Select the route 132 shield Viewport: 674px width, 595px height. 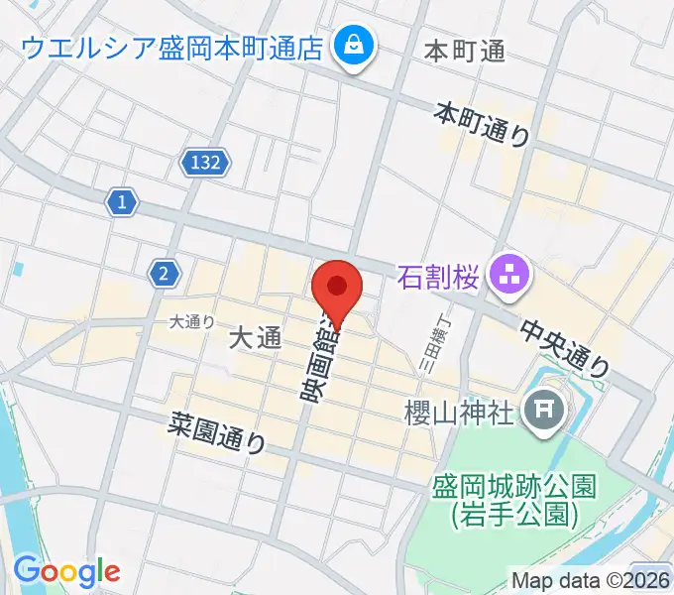[x=206, y=161]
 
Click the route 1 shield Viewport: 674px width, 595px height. [x=121, y=203]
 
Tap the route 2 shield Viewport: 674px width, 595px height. [x=162, y=273]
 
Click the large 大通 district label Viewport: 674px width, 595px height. [x=256, y=338]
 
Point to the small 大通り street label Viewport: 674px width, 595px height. [x=191, y=320]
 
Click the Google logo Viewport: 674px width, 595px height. [x=66, y=571]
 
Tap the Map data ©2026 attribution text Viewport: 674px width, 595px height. [x=591, y=580]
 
